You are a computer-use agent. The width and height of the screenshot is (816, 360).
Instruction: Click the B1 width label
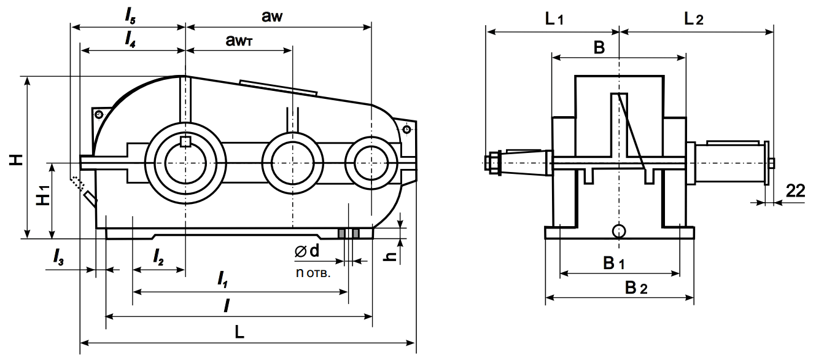point(613,264)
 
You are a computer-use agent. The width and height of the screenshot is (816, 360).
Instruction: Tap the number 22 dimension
point(795,190)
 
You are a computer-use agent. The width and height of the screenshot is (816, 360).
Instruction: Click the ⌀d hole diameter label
point(307,251)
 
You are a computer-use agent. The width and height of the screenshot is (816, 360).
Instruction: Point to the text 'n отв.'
point(313,272)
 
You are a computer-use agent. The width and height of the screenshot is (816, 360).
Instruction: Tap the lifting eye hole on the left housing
point(98,114)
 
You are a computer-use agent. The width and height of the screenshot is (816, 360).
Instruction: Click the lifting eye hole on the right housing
point(405,129)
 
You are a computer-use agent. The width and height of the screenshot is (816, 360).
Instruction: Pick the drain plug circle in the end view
point(619,230)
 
